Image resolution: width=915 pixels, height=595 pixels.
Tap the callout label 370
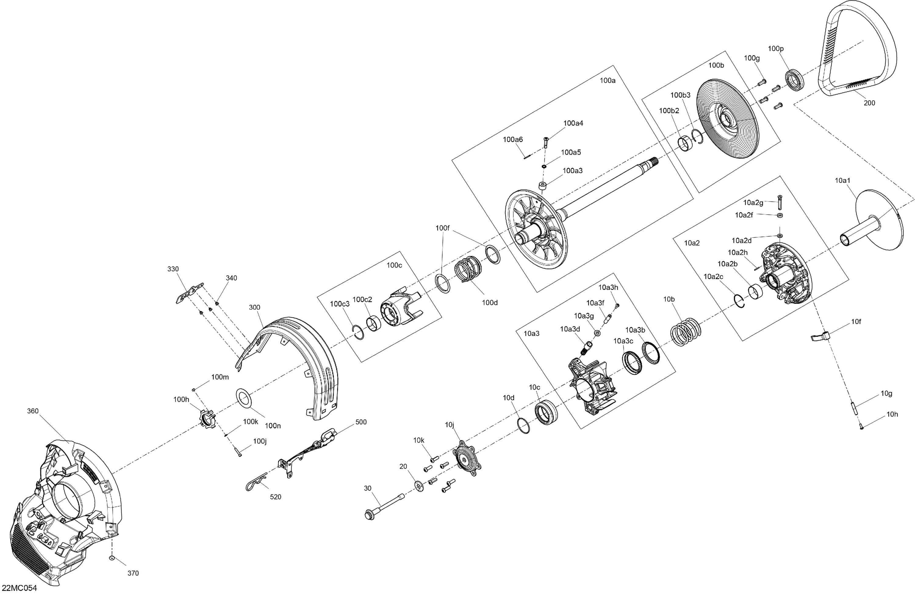(133, 573)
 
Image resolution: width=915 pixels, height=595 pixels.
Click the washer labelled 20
(419, 486)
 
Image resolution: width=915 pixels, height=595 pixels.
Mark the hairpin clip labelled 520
(257, 481)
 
